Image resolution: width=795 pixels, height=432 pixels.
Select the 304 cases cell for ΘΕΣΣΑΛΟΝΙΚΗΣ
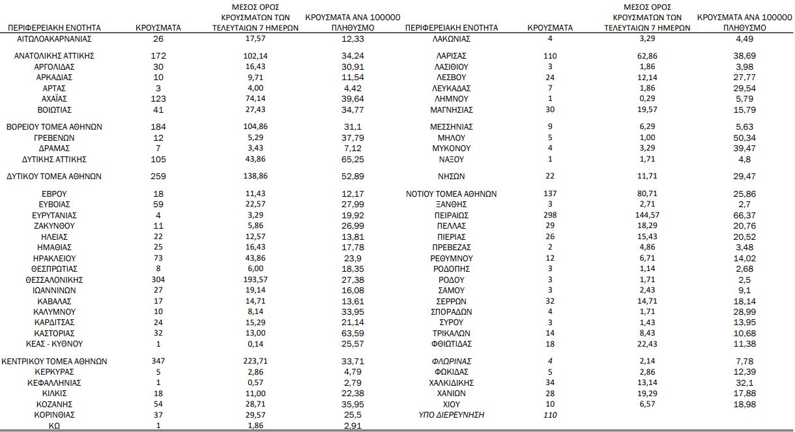point(158,280)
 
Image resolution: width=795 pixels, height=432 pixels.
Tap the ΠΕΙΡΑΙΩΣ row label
point(451,215)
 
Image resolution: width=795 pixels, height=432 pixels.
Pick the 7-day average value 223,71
point(255,362)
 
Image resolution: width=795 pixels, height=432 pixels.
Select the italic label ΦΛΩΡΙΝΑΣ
point(451,362)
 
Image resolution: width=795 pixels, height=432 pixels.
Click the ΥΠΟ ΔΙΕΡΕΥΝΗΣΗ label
point(451,415)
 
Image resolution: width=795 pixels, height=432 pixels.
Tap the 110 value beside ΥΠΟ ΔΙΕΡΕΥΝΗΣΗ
point(550,415)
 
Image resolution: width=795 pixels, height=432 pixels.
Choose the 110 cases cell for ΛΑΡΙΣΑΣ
point(550,56)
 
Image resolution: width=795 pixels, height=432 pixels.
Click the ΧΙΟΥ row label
point(451,405)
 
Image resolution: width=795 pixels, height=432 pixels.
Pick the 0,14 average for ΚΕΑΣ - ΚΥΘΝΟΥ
point(255,343)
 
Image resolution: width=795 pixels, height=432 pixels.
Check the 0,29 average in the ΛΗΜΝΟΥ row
point(648,99)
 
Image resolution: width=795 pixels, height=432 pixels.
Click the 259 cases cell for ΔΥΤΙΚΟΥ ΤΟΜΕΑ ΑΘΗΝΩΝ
point(158,177)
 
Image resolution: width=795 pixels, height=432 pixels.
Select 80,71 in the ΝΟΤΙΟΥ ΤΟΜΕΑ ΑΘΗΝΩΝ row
point(648,194)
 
